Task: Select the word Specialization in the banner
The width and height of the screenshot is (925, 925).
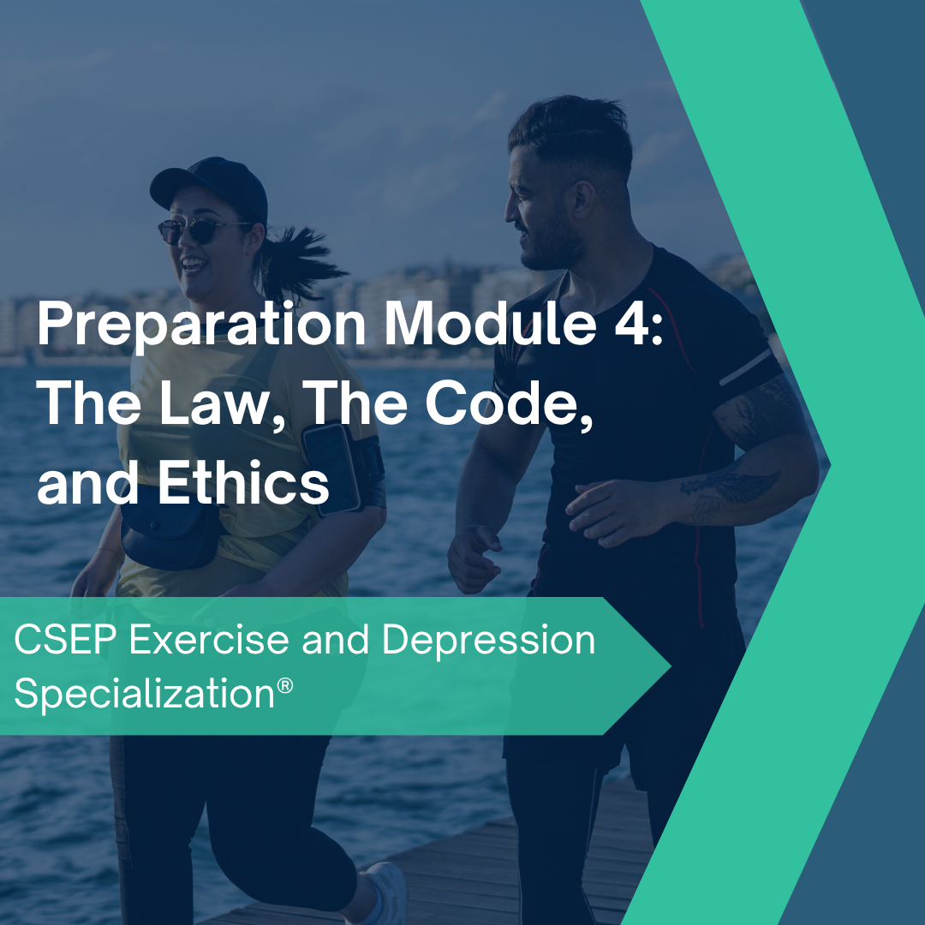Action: pos(141,694)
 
